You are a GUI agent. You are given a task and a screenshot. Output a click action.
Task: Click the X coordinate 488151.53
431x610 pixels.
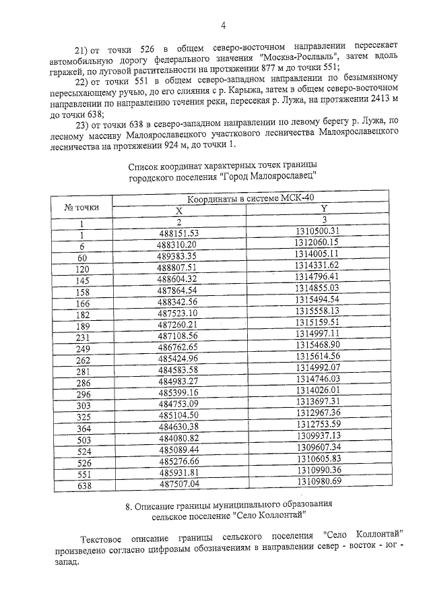point(178,234)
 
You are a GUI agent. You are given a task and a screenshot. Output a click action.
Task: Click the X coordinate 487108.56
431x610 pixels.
point(178,336)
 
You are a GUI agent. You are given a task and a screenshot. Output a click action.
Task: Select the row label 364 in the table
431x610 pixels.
point(84,428)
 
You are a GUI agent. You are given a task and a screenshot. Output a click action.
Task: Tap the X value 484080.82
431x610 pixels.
point(178,437)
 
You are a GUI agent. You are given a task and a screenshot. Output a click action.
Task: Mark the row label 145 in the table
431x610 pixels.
point(83,280)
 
